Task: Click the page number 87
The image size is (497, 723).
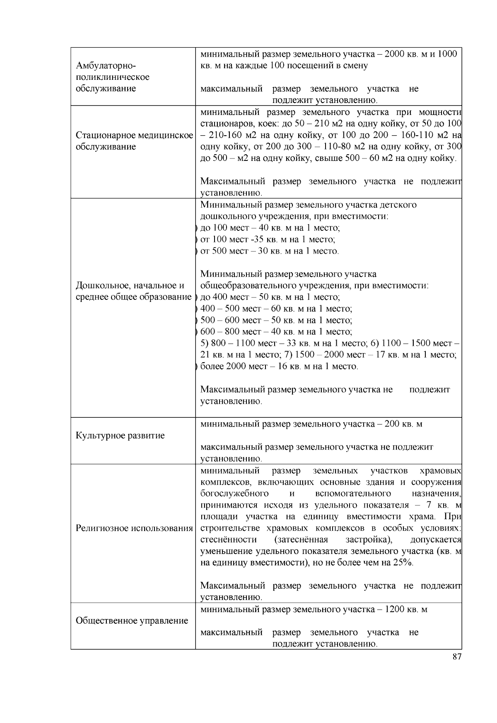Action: (457, 656)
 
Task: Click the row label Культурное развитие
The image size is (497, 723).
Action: (120, 436)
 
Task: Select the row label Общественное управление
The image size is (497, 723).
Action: (132, 620)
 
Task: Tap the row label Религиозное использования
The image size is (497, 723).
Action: (134, 528)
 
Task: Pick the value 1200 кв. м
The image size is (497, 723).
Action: (406, 609)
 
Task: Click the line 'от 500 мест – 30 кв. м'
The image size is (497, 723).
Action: (269, 251)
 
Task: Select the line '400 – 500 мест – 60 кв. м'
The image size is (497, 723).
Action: (276, 309)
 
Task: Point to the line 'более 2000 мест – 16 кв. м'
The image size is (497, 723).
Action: (279, 366)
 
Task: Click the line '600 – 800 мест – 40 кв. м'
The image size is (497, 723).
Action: (276, 332)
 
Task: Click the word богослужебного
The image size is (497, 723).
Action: (234, 493)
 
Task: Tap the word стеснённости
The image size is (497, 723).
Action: (228, 540)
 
